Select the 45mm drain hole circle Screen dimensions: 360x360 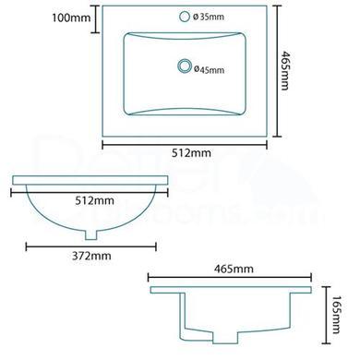click(184, 65)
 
